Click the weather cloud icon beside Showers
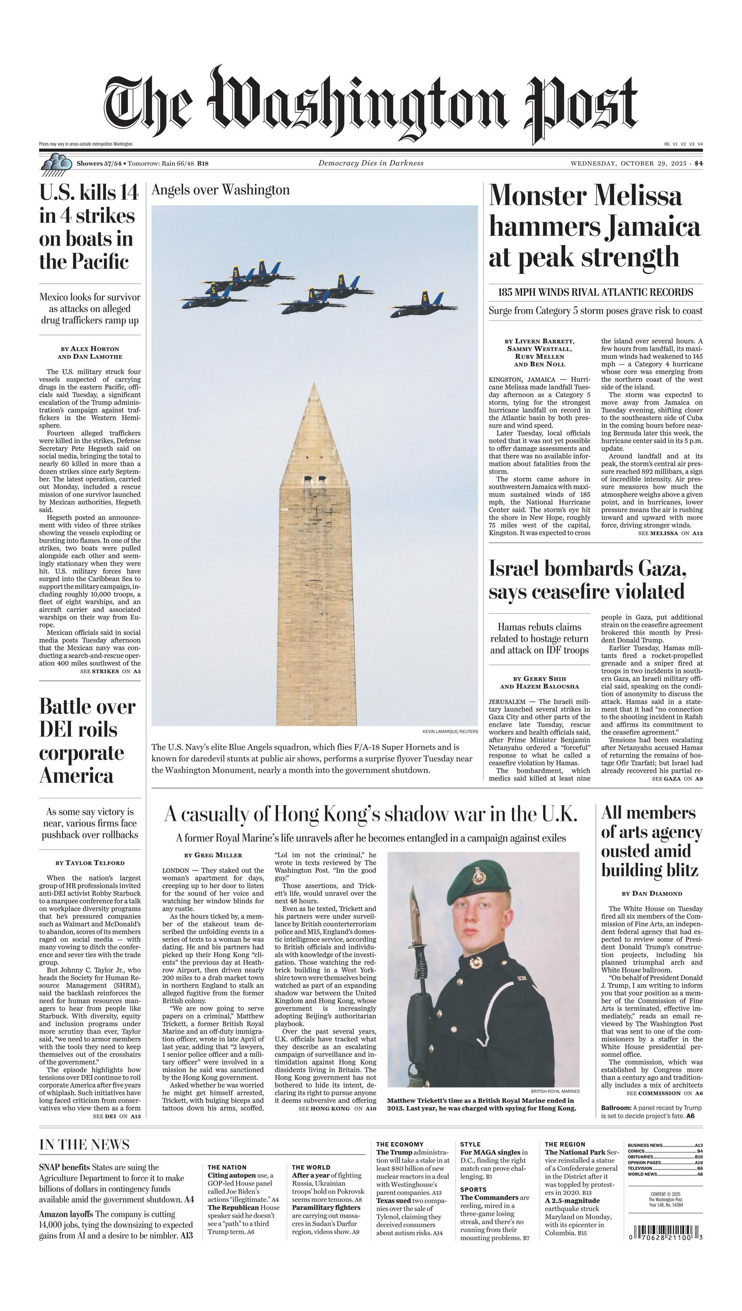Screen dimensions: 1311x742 pos(55,164)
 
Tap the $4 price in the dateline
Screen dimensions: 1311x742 pos(698,164)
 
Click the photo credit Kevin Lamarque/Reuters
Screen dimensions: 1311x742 pos(450,731)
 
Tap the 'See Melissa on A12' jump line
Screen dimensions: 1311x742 pos(670,533)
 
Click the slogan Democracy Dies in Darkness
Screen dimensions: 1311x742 pos(371,164)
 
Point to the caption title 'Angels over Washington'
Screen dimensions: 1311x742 pos(221,190)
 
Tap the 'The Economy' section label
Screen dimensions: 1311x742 pos(399,1144)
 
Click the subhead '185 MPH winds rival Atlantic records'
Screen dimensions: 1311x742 pos(595,293)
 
